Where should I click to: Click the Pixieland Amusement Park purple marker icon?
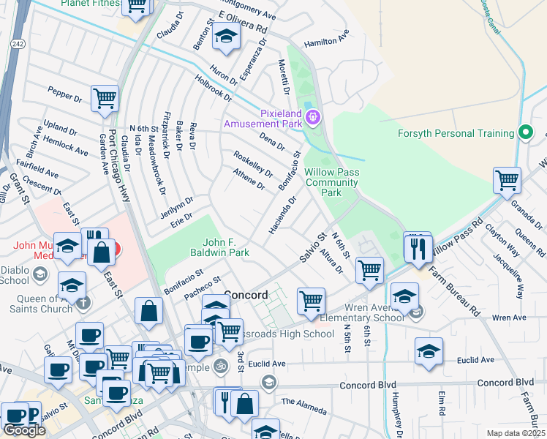tap(314, 116)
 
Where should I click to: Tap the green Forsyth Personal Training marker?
tap(524, 133)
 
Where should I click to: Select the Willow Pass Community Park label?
tap(333, 182)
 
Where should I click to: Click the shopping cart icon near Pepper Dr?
tap(105, 98)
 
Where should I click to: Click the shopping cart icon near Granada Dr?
tap(506, 179)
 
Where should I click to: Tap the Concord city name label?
tap(245, 294)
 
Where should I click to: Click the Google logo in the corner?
tap(24, 429)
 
